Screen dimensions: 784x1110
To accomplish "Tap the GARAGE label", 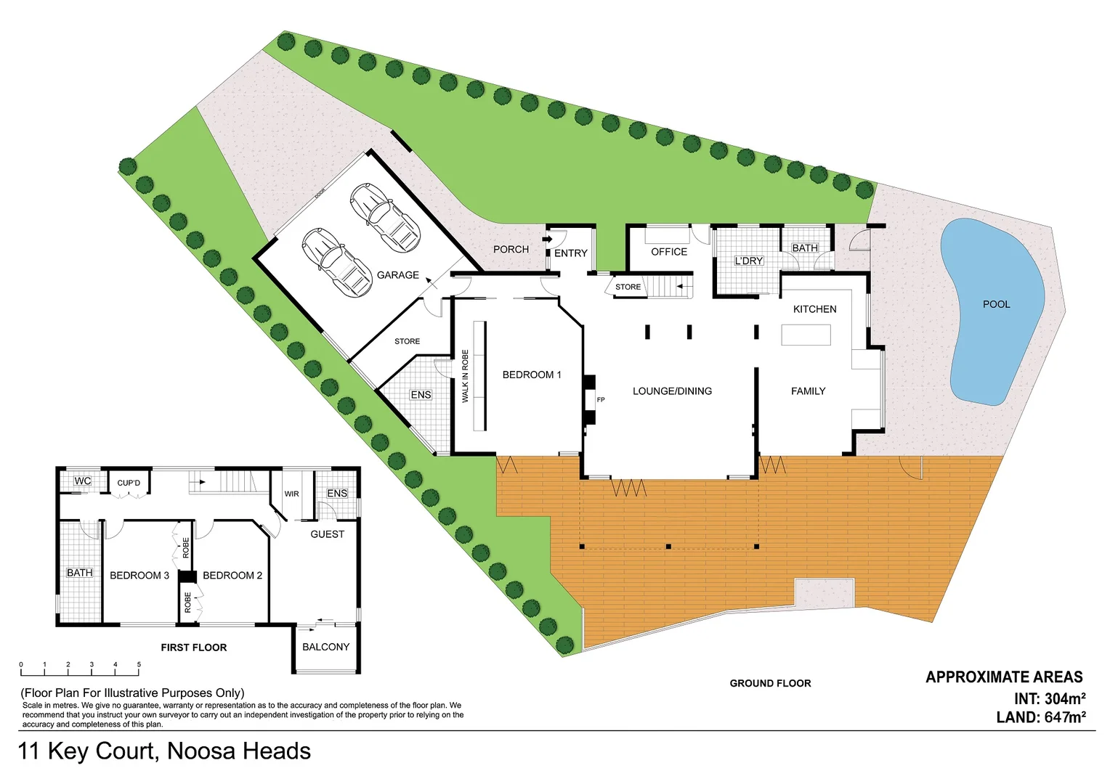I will pyautogui.click(x=397, y=275).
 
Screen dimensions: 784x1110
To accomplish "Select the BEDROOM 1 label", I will pyautogui.click(x=532, y=375).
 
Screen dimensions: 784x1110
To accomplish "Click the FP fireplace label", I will pyautogui.click(x=601, y=400).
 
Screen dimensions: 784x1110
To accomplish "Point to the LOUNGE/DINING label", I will pyautogui.click(x=672, y=391).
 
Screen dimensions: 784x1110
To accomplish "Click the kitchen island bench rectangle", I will pyautogui.click(x=806, y=335).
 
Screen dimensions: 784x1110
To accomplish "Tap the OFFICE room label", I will pyautogui.click(x=668, y=252).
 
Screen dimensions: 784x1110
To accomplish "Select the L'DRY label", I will pyautogui.click(x=748, y=261).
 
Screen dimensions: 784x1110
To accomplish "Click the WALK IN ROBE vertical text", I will pyautogui.click(x=466, y=376).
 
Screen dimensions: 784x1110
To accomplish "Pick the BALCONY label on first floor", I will pyautogui.click(x=325, y=647).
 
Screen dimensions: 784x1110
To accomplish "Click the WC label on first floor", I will pyautogui.click(x=82, y=481).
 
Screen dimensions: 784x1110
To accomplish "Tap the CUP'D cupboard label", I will pyautogui.click(x=129, y=483).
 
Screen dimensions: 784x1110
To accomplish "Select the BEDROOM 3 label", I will pyautogui.click(x=139, y=576).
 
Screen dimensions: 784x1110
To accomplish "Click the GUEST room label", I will pyautogui.click(x=327, y=534).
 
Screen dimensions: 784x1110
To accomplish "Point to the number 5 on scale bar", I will pyautogui.click(x=139, y=664).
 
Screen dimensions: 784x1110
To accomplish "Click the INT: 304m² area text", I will pyautogui.click(x=1050, y=699).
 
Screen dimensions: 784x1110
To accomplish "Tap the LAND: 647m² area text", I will pyautogui.click(x=1041, y=717).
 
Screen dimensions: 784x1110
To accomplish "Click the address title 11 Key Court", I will pyautogui.click(x=164, y=751).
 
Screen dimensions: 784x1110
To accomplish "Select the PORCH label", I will pyautogui.click(x=511, y=249).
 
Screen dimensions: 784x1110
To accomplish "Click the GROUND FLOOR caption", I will pyautogui.click(x=770, y=683).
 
